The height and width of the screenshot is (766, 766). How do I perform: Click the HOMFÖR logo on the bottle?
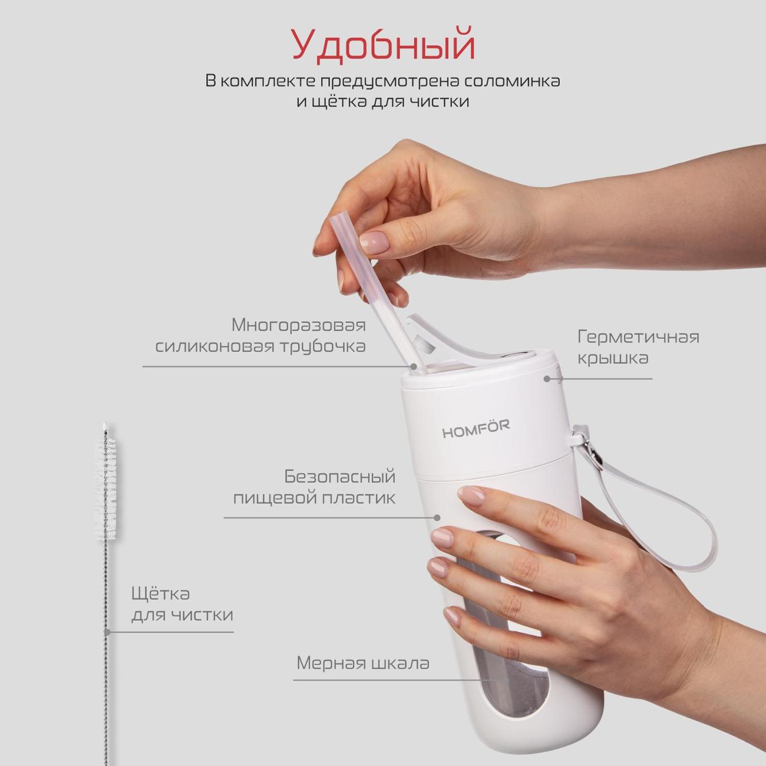click(x=476, y=429)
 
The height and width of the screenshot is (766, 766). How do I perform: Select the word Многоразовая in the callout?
click(x=299, y=326)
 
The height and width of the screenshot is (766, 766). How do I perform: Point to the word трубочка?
click(x=323, y=346)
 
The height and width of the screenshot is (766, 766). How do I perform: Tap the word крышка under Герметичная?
click(x=613, y=359)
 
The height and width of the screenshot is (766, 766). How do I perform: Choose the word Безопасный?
click(x=340, y=477)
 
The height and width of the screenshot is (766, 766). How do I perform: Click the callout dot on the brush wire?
click(x=107, y=632)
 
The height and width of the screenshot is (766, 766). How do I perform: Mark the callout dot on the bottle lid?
click(x=547, y=379)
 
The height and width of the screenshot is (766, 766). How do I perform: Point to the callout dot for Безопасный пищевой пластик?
click(x=437, y=517)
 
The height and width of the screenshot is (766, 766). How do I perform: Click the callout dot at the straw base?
click(x=414, y=367)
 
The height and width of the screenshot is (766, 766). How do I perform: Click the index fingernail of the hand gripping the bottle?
click(x=472, y=496)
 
